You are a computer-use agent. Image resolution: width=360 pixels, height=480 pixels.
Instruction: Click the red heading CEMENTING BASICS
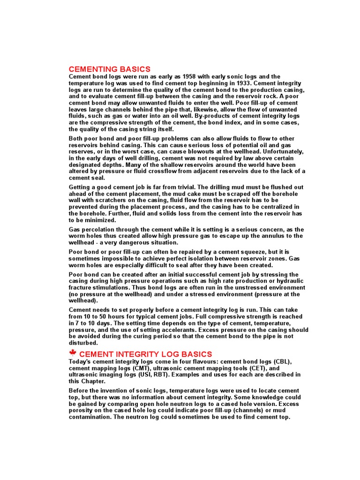click(x=110, y=69)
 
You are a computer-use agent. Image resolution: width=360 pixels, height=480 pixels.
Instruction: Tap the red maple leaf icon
click(x=73, y=353)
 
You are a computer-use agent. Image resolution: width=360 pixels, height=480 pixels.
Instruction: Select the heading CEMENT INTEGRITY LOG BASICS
click(x=146, y=354)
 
